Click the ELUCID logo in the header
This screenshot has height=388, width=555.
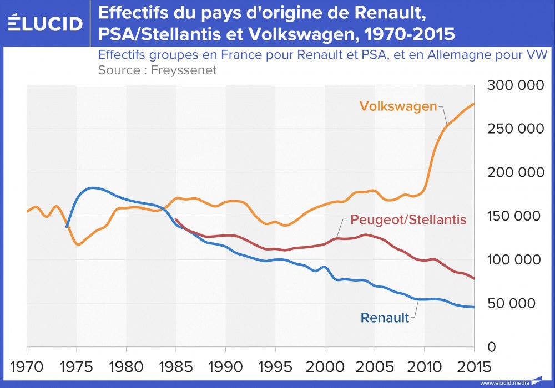[x=46, y=23]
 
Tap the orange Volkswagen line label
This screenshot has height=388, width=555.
[x=398, y=106]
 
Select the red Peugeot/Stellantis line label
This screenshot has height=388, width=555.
[x=408, y=219]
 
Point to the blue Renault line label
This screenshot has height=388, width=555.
[x=385, y=318]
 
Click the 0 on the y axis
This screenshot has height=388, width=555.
[x=491, y=347]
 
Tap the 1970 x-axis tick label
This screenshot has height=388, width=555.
[x=27, y=366]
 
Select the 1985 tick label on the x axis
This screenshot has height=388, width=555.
[x=176, y=366]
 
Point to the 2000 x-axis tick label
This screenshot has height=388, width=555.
[x=325, y=366]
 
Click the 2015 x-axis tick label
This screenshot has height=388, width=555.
[x=473, y=366]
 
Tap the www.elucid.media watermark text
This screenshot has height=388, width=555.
[x=504, y=382]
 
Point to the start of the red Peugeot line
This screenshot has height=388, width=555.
[x=176, y=219]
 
